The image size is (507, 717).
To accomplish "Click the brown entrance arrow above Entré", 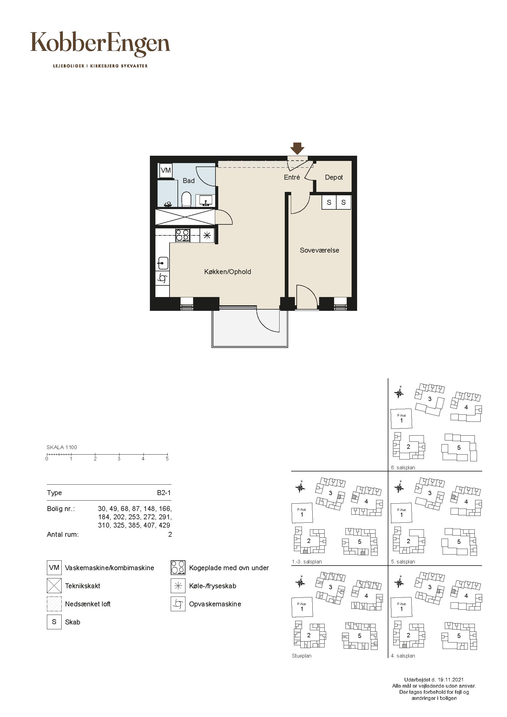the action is pos(297,148).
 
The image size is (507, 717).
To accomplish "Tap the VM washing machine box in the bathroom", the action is pos(166,170).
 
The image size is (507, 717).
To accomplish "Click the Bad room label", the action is pos(189,181).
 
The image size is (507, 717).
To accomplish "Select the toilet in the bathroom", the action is pos(186,200).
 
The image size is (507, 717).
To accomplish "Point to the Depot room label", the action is pos(334,177).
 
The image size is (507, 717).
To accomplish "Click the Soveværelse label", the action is pos(319,250).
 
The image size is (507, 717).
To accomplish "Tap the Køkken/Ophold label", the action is pos(227,272).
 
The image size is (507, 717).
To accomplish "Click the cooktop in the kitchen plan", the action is pos(183,235).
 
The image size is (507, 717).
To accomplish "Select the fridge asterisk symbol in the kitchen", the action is pos(207,235).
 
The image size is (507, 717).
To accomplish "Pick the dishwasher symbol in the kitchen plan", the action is pos(162,278).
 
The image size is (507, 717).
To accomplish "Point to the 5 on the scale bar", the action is pos(167,459).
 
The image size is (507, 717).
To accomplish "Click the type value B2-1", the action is pos(164,493).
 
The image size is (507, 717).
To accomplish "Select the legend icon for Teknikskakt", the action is pos(54,585).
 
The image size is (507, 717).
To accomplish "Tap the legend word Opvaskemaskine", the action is pos(215,604).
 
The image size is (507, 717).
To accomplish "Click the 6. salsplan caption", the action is pos(403,468).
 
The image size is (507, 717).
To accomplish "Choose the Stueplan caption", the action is pos(302,656).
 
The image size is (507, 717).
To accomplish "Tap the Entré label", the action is pos(292,177).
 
